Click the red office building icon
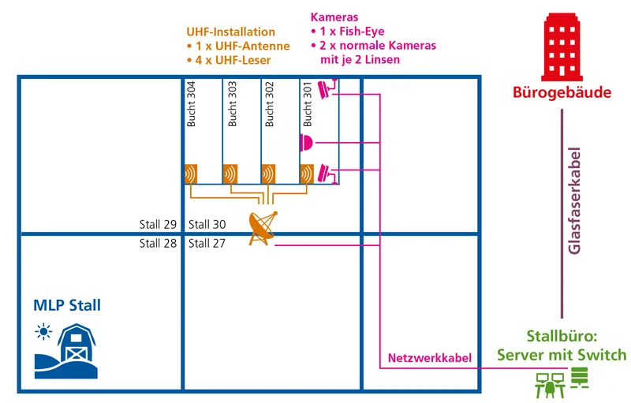coord(562,47)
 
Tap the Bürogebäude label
coord(562,92)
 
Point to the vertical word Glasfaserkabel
coord(574,200)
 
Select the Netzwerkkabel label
coord(429,358)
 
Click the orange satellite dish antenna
coord(263,228)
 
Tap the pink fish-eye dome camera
coord(306,143)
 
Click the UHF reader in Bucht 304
coord(191,174)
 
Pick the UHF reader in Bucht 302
coord(268,174)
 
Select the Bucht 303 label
coord(232,104)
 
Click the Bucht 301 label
coord(308,104)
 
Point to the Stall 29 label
coord(159,225)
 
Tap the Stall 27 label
coord(207,244)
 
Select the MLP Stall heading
coord(67,305)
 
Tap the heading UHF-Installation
coord(230,32)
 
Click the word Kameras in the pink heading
coord(334,17)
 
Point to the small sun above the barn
coord(43,332)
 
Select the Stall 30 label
coord(207,225)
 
